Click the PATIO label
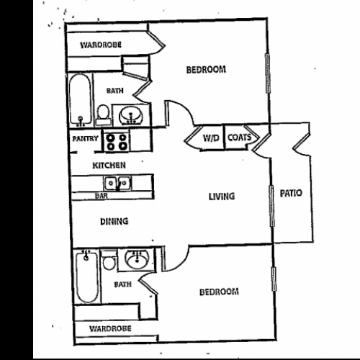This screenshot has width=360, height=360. click(x=291, y=193)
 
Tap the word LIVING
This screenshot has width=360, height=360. click(x=222, y=197)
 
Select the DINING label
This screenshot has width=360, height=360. click(x=114, y=221)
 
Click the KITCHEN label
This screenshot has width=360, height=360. click(x=109, y=166)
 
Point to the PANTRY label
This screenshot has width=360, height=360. click(x=85, y=138)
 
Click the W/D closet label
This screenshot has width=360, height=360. click(x=211, y=138)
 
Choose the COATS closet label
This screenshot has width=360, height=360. click(x=239, y=138)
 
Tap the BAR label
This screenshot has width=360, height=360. click(x=102, y=196)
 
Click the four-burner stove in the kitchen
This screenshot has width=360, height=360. click(x=117, y=142)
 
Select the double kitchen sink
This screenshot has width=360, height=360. click(x=117, y=184)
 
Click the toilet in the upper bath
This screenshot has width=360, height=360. click(x=104, y=114)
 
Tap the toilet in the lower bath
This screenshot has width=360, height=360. click(x=109, y=261)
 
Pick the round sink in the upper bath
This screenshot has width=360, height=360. click(x=131, y=115)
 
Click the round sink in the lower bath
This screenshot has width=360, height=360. click(x=137, y=260)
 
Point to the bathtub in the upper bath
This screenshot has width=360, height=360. click(x=80, y=100)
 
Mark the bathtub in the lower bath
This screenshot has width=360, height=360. click(x=87, y=276)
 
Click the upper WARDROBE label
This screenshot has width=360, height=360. click(x=101, y=45)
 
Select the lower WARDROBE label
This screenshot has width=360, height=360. click(x=110, y=328)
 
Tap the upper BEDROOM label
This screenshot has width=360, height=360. click(x=206, y=70)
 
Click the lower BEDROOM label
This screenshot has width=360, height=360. click(x=219, y=292)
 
